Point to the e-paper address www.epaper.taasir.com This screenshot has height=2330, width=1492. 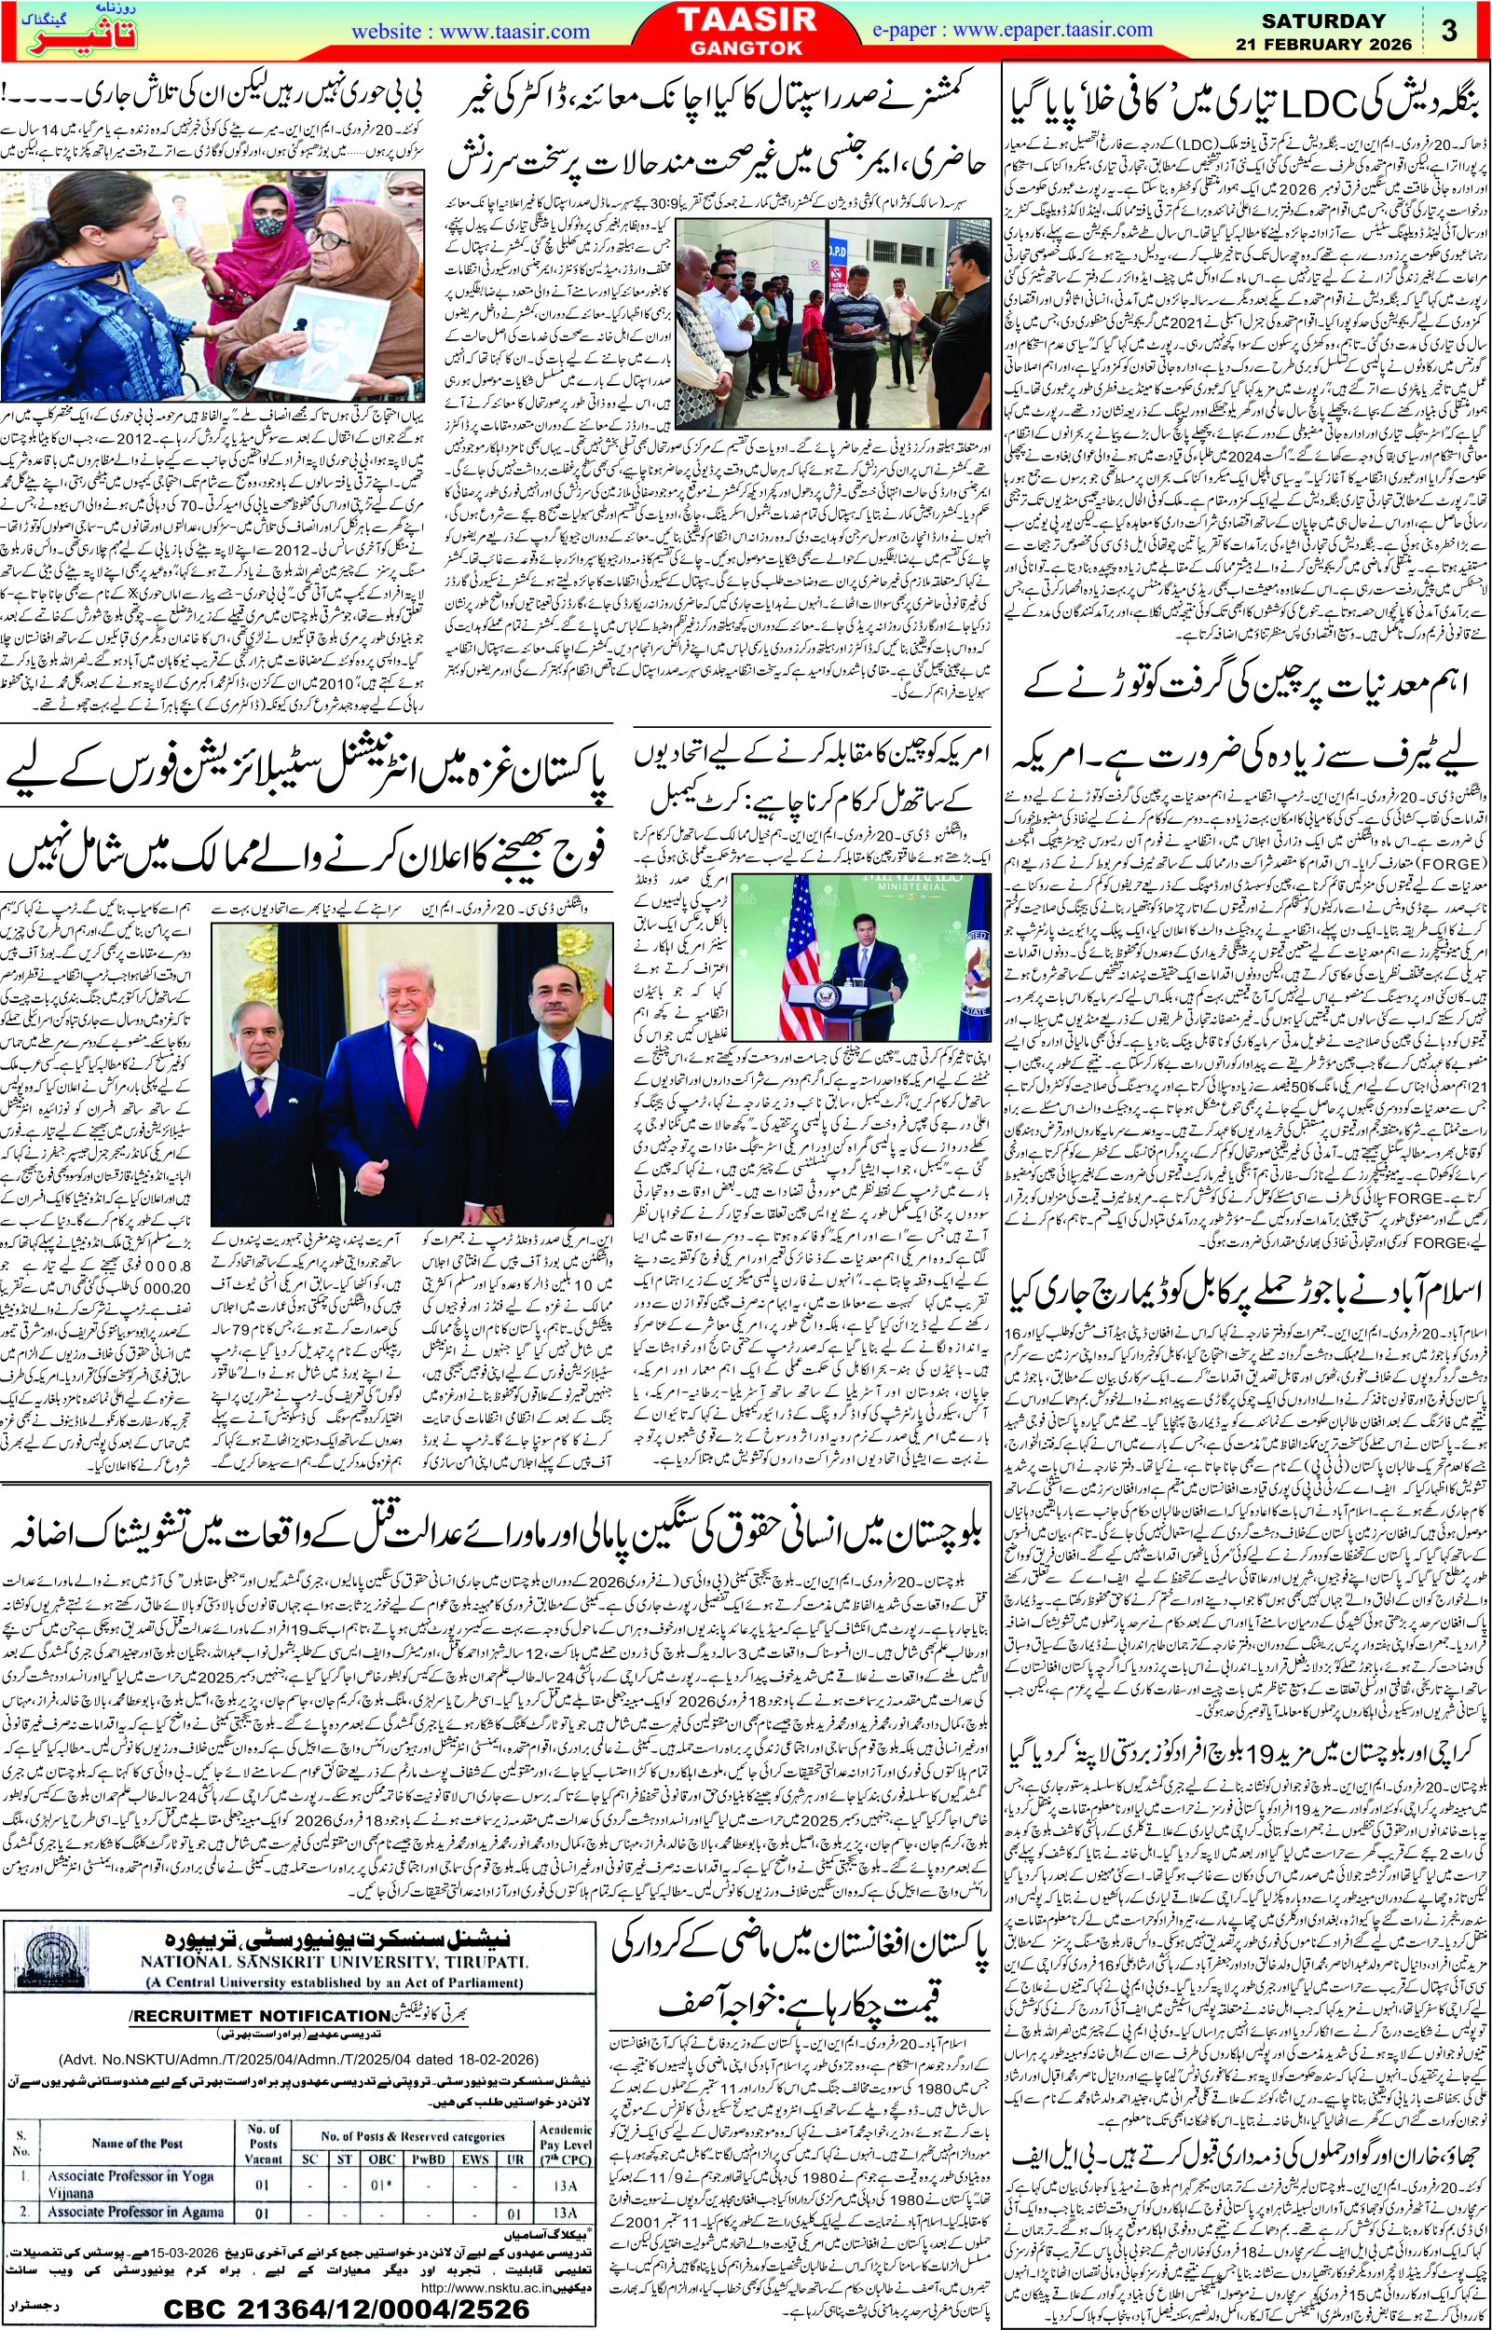1029,31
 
